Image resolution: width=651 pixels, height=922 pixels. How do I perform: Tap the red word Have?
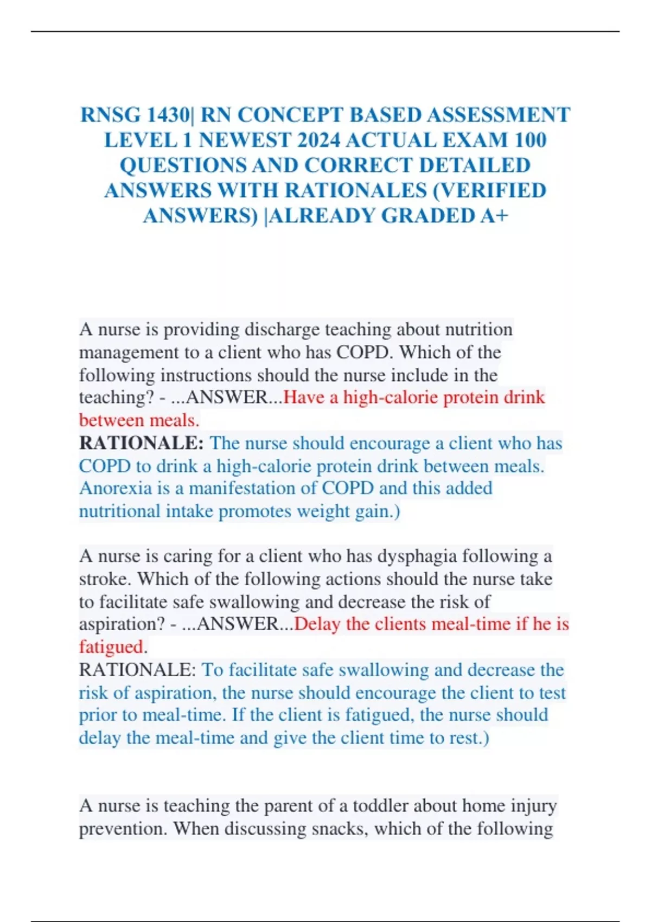tap(304, 398)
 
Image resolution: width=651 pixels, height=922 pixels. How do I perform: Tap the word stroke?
tap(104, 579)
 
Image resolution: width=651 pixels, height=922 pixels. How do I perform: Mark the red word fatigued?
tap(111, 647)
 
